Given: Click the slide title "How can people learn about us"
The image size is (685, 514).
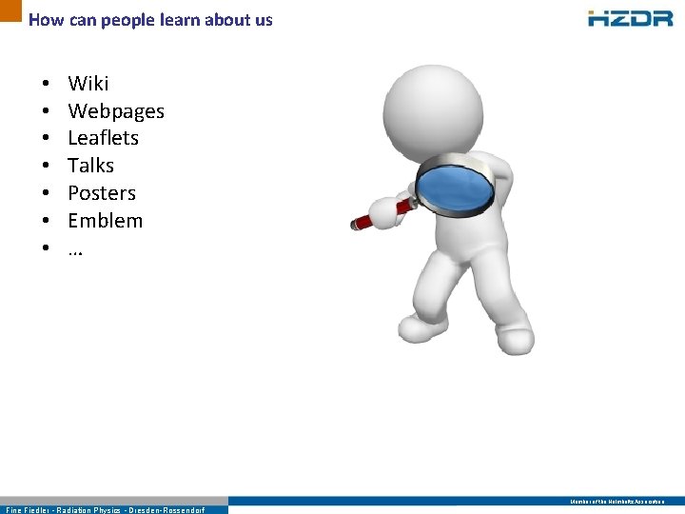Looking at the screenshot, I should tap(150, 19).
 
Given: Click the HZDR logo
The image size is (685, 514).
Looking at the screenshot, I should tap(630, 18).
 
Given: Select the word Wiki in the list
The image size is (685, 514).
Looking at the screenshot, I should tap(88, 84).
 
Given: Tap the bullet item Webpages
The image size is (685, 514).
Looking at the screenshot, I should tap(116, 111).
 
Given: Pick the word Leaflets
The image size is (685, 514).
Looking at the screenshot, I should tap(103, 138).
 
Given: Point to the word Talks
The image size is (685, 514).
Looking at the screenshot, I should tap(91, 166).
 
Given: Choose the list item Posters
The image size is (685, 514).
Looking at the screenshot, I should tap(102, 193).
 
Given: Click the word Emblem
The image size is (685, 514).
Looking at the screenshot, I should tap(105, 221).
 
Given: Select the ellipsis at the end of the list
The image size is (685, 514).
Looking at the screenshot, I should tap(75, 249).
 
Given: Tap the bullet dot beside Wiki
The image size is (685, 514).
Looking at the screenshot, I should tap(45, 85).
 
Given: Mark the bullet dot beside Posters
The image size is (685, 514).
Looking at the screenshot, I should tap(45, 194).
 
